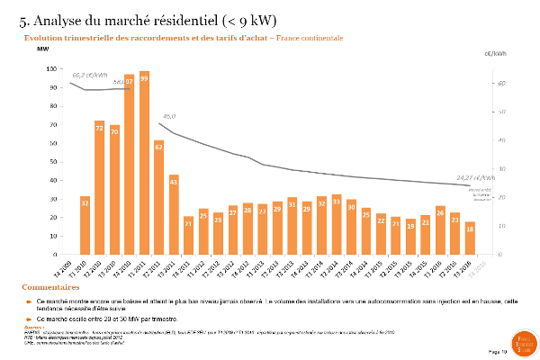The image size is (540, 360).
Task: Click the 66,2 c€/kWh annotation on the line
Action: click(x=90, y=75)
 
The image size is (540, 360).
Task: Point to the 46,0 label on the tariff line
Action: click(x=168, y=116)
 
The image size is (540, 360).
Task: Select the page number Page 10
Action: click(x=497, y=350)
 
